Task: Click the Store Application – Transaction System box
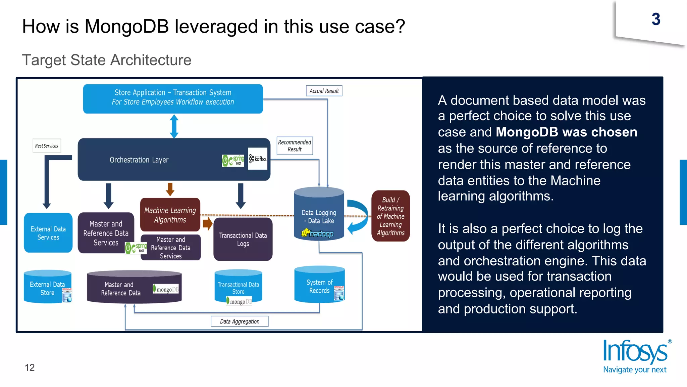point(173,98)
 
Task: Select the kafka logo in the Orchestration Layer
point(257,159)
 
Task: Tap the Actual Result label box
point(324,91)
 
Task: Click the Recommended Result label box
point(295,146)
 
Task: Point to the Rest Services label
point(47,146)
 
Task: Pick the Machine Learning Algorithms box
point(170,215)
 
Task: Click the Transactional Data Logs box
point(243,239)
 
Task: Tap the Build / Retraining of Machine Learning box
point(390,216)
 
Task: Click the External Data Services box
point(48,233)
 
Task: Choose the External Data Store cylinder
point(47,288)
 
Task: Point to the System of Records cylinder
point(319,286)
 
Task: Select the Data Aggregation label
point(240,321)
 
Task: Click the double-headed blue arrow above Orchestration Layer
point(174,126)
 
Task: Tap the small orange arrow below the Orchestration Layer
point(170,189)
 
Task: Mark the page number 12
point(30,368)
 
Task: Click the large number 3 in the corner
point(656,19)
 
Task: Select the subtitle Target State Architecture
point(107,60)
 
